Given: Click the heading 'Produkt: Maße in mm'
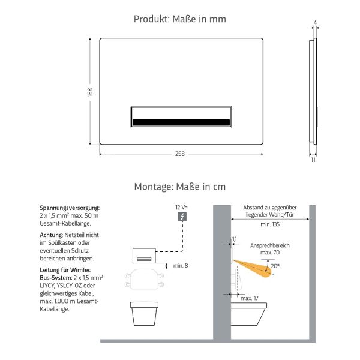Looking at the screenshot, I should [180, 19].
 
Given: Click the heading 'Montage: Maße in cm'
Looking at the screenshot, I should [180, 187].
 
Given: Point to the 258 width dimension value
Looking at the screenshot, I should [180, 154].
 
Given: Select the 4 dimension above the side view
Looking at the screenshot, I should [314, 22].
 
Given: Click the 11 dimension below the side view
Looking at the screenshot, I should [313, 161].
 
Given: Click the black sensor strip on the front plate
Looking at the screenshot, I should [180, 122].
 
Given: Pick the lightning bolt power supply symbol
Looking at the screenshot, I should [182, 216].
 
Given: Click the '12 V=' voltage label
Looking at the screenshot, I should [181, 206].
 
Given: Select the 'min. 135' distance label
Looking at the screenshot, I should [270, 224].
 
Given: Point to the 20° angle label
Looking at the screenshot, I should [274, 266].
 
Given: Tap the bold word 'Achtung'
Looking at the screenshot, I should [51, 235].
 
